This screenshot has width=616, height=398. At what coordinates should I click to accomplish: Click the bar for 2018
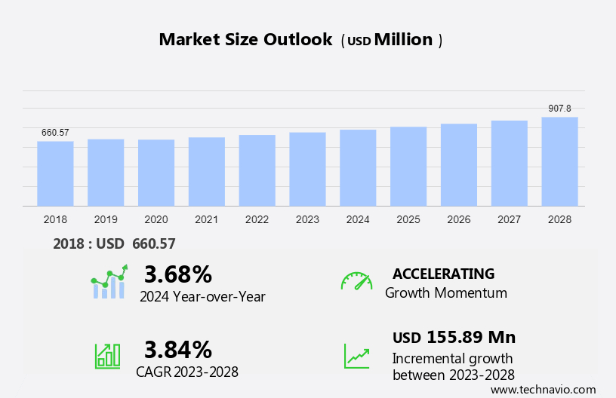click(x=55, y=173)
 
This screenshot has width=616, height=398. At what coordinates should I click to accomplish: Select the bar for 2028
click(x=559, y=161)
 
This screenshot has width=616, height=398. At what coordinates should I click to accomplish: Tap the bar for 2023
click(x=307, y=169)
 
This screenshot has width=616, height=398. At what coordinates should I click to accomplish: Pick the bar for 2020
click(x=156, y=173)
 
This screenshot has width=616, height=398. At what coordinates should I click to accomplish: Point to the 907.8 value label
click(x=559, y=109)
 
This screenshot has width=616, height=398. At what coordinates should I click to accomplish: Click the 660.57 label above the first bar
click(x=55, y=133)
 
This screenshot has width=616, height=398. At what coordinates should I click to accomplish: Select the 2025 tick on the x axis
click(x=408, y=219)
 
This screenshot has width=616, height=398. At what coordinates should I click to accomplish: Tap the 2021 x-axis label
click(x=206, y=219)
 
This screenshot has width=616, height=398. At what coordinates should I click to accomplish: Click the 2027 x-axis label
click(x=509, y=219)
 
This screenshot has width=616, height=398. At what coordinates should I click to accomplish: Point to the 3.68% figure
click(x=178, y=274)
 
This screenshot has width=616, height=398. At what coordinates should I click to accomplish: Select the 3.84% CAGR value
click(x=178, y=349)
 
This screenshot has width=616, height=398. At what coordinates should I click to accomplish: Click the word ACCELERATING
click(x=443, y=274)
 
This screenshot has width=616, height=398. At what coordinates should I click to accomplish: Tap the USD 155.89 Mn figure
click(x=454, y=337)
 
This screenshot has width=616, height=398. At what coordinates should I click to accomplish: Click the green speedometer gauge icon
click(x=356, y=281)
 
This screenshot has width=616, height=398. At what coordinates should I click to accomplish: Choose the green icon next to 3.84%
click(x=107, y=355)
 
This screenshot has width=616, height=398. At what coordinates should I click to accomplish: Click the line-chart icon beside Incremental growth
click(x=356, y=355)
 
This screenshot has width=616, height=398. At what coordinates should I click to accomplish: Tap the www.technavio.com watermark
click(x=543, y=390)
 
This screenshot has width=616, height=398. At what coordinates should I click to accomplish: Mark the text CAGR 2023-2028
click(x=187, y=372)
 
